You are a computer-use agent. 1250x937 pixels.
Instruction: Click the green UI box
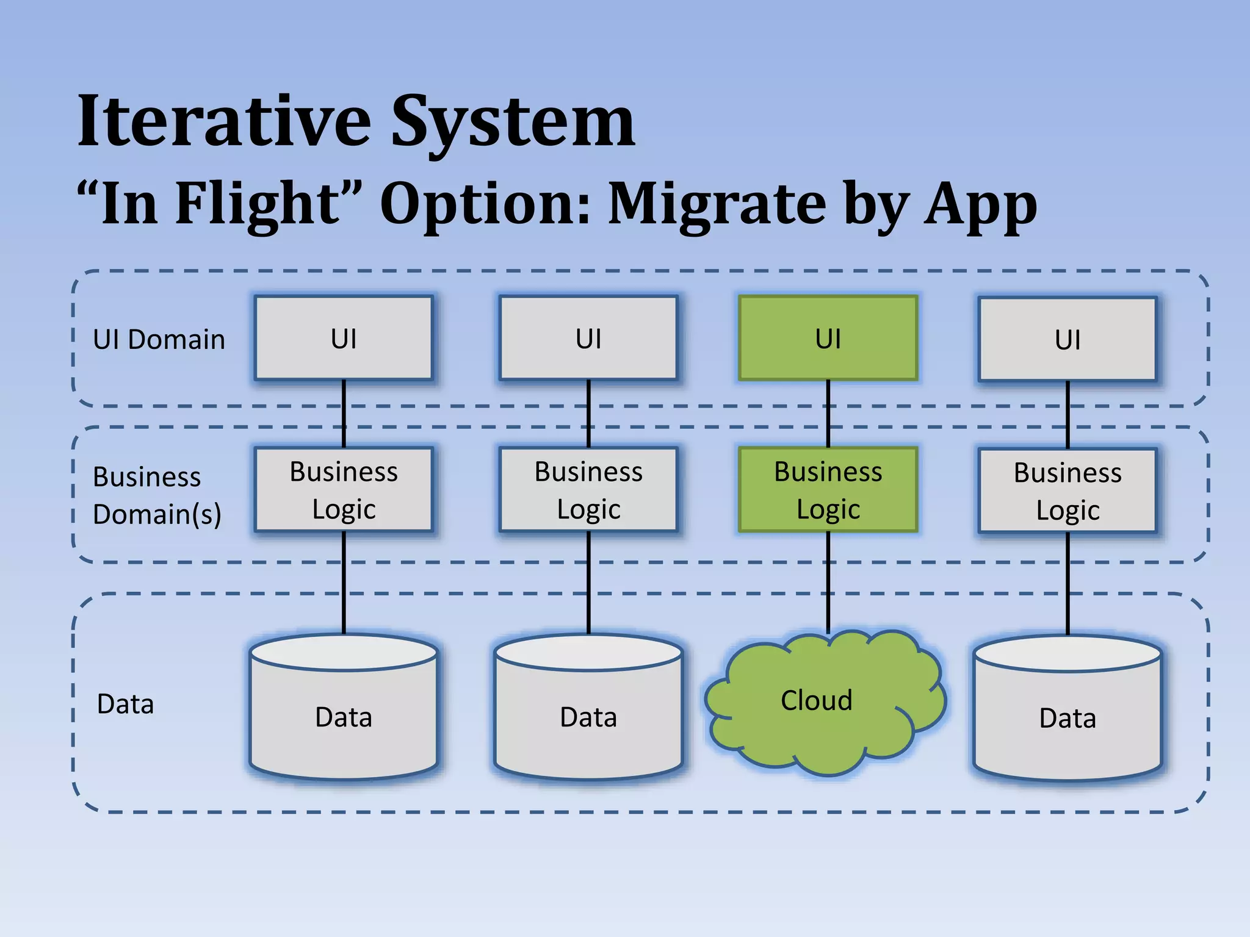pos(828,338)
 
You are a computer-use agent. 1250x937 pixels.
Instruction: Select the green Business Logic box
pos(828,490)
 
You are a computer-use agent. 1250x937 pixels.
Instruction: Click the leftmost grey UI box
pos(344,338)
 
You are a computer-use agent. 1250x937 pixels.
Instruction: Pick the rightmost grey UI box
pos(1068,339)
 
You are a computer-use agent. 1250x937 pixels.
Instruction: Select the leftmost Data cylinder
pos(344,714)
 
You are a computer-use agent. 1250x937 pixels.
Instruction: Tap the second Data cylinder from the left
pos(588,714)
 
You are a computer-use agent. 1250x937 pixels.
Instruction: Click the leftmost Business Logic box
pos(344,490)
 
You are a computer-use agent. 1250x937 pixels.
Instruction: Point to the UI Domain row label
pos(159,339)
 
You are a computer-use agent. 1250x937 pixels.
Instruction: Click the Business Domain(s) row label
pos(156,495)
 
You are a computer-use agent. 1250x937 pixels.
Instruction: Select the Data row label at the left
pos(125,704)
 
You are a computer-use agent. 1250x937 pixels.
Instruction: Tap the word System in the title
pos(513,122)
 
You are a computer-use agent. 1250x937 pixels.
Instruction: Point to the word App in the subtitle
pos(980,204)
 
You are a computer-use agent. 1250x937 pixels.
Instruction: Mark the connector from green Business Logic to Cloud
pos(828,583)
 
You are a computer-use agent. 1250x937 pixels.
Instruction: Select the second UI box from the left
pos(588,338)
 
